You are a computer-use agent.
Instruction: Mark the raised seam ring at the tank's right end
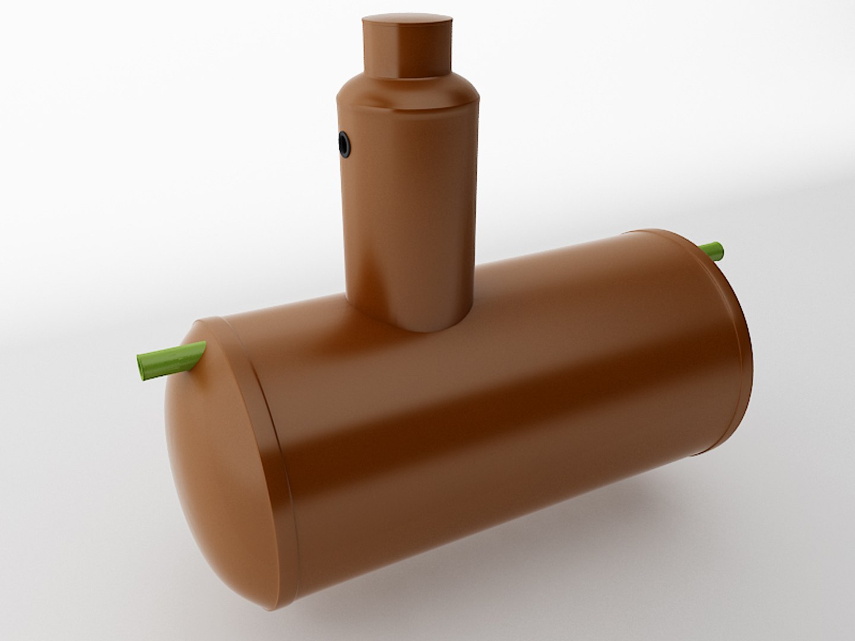tap(736, 356)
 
